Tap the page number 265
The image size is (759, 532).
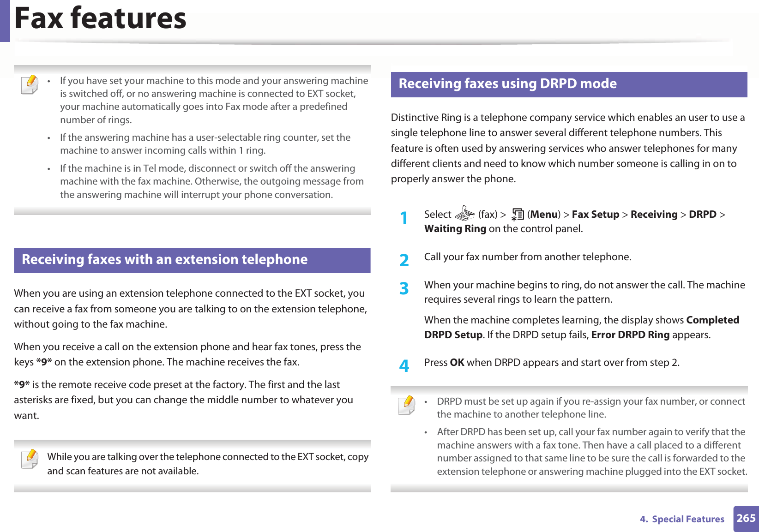click(x=746, y=518)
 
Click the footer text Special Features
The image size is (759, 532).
click(x=687, y=519)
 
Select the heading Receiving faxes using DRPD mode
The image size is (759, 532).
click(x=507, y=84)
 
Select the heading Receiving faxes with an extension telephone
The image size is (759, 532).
click(x=164, y=259)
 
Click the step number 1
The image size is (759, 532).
click(x=404, y=218)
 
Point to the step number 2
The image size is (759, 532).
click(x=404, y=260)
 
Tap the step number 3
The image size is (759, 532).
click(x=404, y=288)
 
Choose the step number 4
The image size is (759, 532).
click(x=404, y=366)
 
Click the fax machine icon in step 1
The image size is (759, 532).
click(x=464, y=214)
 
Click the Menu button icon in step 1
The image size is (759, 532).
click(x=517, y=215)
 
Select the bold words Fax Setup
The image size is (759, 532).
click(x=595, y=215)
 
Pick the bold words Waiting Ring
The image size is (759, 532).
click(x=455, y=229)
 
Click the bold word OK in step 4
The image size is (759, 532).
click(x=457, y=363)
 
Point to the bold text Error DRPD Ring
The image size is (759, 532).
click(x=630, y=335)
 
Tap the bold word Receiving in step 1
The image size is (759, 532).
click(x=654, y=215)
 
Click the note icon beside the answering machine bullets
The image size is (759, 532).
click(x=30, y=85)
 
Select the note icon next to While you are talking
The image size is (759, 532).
click(x=30, y=459)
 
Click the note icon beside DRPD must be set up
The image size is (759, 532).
click(x=407, y=405)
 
